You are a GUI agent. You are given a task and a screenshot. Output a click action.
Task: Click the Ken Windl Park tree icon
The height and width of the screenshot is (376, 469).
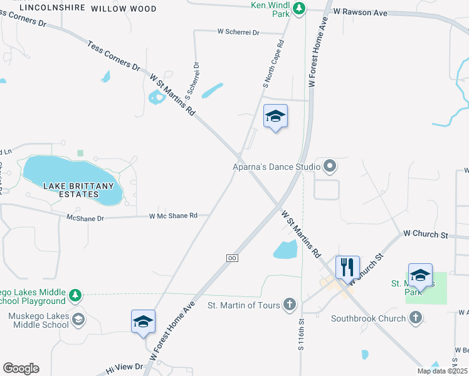300,8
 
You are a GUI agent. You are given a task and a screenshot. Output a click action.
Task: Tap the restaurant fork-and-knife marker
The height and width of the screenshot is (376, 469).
347,268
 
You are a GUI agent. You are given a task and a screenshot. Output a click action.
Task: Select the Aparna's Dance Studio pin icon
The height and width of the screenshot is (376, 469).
330,167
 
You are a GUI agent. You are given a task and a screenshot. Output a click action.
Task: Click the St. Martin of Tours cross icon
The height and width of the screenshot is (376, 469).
289,305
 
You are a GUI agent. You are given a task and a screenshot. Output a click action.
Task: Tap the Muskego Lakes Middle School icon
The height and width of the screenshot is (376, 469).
78,320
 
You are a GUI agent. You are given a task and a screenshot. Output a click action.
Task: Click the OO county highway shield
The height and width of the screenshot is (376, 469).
232,258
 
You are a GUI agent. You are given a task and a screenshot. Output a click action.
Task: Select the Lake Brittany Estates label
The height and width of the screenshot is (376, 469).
79,190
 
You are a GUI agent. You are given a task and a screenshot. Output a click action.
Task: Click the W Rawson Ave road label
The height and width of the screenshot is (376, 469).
360,12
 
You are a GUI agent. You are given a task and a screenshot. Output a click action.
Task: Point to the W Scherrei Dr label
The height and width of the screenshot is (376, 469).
238,31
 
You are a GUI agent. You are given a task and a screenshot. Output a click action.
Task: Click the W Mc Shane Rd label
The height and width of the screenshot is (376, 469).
173,216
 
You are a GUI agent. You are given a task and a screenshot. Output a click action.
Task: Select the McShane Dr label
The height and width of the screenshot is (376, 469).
86,218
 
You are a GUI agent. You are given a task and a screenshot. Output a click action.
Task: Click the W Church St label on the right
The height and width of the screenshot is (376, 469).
426,234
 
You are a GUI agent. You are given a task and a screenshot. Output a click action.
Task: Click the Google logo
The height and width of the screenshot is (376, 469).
21,368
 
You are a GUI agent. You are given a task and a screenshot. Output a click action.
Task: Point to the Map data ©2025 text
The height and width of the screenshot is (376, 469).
442,371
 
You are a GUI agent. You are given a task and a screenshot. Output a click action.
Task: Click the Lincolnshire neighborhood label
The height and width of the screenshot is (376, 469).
52,9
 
